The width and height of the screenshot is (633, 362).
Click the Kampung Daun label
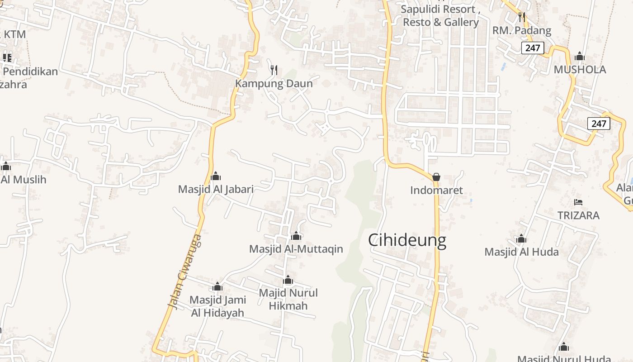274,84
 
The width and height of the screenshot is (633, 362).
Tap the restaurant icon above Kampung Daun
274,70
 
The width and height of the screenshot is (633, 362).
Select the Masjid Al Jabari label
216,189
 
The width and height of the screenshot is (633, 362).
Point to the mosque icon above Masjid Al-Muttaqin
296,236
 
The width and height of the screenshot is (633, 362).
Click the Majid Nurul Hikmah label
288,299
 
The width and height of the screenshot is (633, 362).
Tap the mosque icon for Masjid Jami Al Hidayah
217,286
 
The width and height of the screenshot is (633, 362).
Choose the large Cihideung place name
407,240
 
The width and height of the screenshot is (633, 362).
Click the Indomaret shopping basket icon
436,177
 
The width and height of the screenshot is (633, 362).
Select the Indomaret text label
436,191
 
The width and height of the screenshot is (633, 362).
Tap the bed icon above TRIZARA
578,202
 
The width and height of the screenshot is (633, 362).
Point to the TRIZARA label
578,215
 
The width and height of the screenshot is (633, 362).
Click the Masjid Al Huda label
521,252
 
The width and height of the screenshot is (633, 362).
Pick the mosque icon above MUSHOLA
579,57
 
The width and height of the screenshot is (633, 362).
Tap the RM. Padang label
522,31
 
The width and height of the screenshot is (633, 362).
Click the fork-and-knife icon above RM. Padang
522,17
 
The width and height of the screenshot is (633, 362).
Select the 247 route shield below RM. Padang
532,48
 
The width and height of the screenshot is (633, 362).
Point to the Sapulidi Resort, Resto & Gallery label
440,16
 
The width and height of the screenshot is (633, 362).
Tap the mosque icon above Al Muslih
6,166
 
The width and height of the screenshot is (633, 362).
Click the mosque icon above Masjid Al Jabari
216,176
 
